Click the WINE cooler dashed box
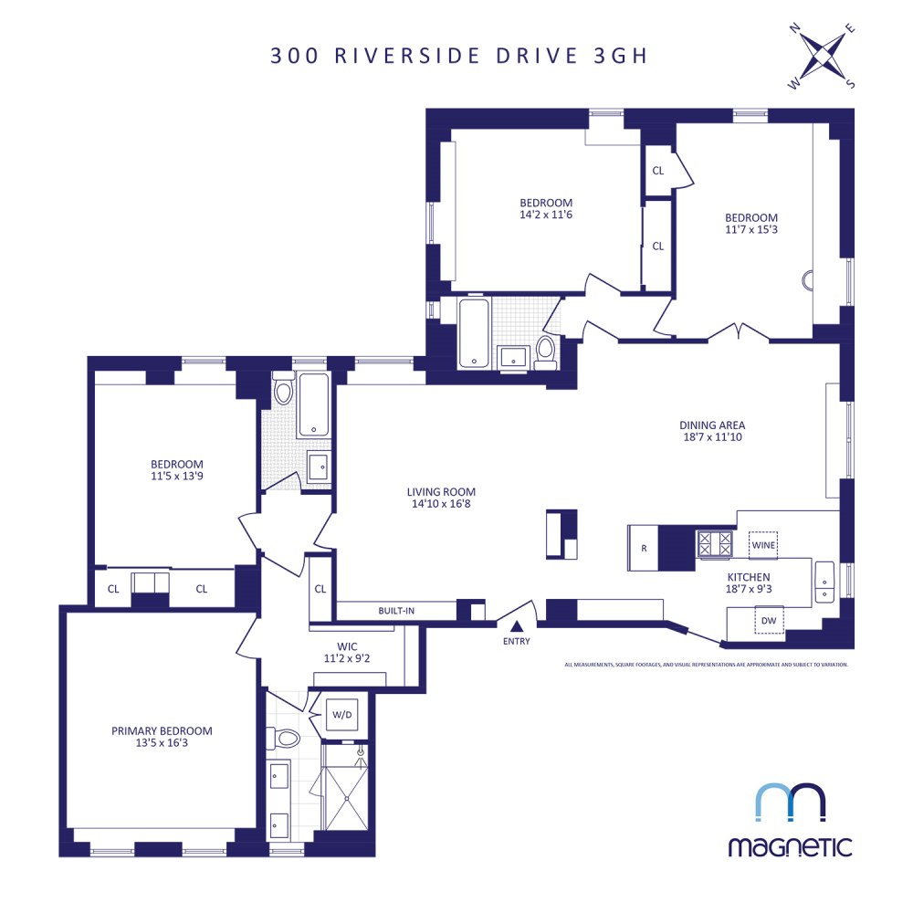tap(762, 545)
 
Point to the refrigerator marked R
tap(644, 549)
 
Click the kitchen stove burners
tap(714, 544)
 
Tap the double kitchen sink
tap(824, 582)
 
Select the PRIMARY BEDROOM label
tap(162, 730)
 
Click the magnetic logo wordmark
tap(790, 847)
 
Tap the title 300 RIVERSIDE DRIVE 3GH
tap(459, 55)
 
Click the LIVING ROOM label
tap(441, 491)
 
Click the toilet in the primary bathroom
tap(288, 738)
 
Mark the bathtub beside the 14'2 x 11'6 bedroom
tap(474, 333)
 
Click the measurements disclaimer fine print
tap(707, 665)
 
